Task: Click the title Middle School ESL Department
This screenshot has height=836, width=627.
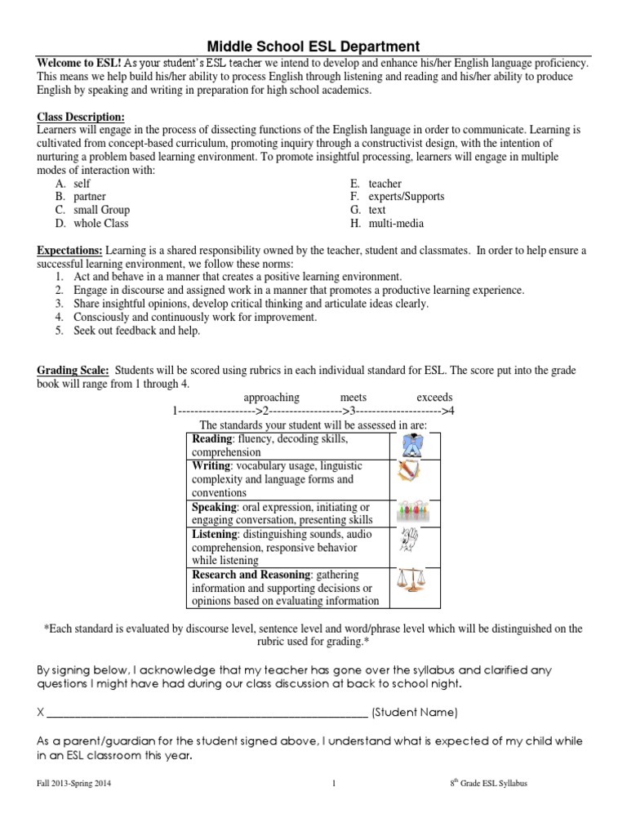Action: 313,47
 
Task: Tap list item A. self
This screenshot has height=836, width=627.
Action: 73,184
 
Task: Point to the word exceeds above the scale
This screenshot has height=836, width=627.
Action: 434,397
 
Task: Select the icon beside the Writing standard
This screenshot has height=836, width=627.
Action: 409,472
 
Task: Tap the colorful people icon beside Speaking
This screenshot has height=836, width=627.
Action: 414,513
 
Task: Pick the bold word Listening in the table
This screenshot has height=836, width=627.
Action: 214,534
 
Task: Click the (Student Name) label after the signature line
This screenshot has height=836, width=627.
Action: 415,712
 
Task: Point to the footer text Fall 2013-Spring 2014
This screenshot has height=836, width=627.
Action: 74,784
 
